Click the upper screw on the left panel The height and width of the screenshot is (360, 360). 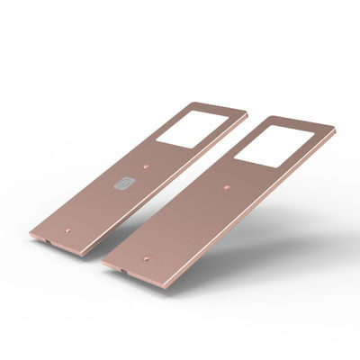tap(147, 167)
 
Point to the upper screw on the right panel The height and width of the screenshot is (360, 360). tap(226, 187)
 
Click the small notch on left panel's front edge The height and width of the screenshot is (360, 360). tap(45, 242)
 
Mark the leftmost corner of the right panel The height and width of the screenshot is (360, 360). tap(101, 262)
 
